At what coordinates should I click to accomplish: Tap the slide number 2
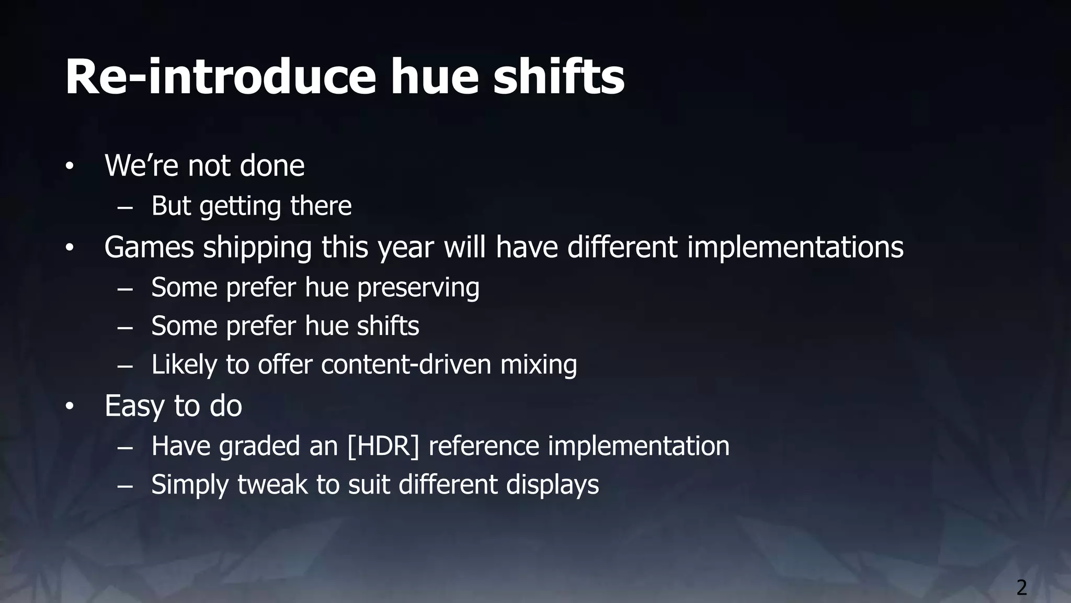coord(1021,588)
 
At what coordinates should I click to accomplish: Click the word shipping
coord(257,248)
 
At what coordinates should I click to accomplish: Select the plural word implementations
coord(795,248)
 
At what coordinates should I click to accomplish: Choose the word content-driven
coord(406,364)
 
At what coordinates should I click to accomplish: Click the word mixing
coord(539,365)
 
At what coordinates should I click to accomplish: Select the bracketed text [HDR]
coord(383,446)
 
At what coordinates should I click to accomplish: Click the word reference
coord(484,446)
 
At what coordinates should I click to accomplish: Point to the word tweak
coord(272,484)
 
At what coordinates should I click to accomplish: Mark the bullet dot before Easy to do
coord(70,406)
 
